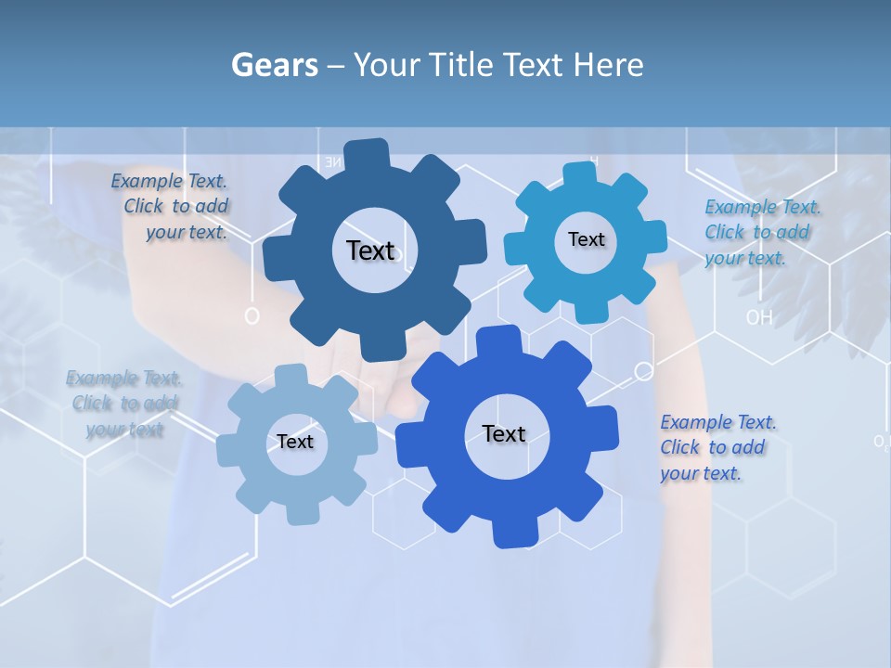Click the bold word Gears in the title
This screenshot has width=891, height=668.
click(x=275, y=65)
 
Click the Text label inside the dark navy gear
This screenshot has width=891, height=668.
click(x=370, y=250)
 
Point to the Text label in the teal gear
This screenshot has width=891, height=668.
click(x=586, y=239)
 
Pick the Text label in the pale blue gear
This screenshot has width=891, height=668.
click(x=295, y=442)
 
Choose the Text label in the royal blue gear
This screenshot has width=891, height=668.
click(x=504, y=433)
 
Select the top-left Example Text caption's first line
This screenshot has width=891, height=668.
click(x=169, y=181)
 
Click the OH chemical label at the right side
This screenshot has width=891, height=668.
click(x=759, y=317)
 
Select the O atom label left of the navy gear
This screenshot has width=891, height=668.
click(x=252, y=316)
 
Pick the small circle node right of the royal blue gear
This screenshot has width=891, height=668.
click(x=643, y=372)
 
